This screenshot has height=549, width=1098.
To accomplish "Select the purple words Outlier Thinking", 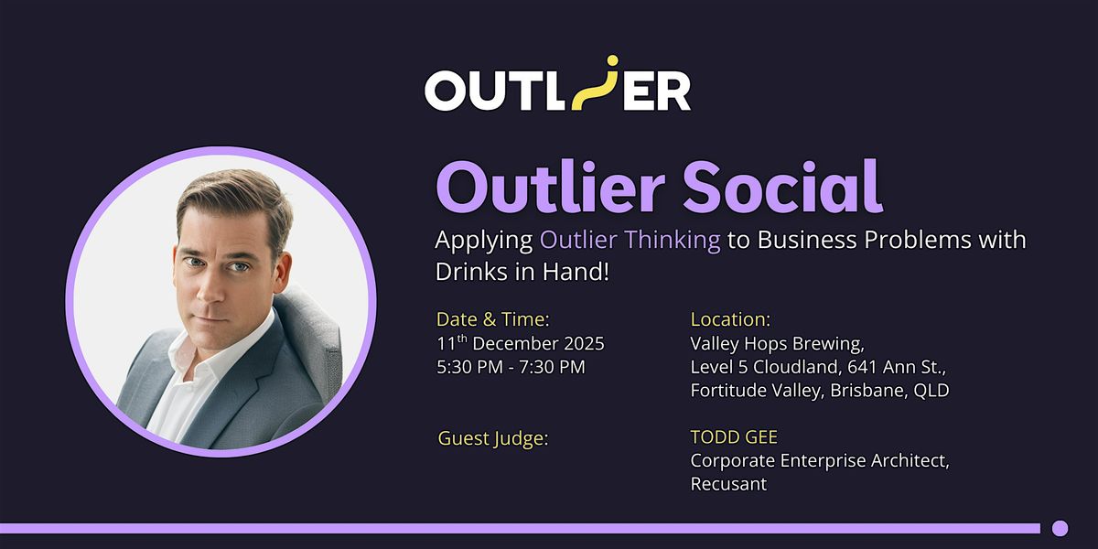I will [630, 241].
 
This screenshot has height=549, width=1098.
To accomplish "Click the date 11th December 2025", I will [521, 344].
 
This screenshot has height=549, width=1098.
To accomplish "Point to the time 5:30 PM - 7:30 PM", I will [511, 368].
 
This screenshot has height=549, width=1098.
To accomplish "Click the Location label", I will [730, 319].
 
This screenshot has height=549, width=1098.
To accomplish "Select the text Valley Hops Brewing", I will [777, 344].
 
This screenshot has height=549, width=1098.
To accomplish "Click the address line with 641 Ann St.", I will [818, 368].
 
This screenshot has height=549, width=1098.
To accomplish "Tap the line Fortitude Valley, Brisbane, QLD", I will [820, 391].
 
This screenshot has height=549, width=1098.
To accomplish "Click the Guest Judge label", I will [493, 438].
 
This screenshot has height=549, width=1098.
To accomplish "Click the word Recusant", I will [728, 484].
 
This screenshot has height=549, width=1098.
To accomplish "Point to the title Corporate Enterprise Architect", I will [820, 461].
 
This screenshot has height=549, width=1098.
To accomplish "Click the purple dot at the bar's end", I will [1060, 528].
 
